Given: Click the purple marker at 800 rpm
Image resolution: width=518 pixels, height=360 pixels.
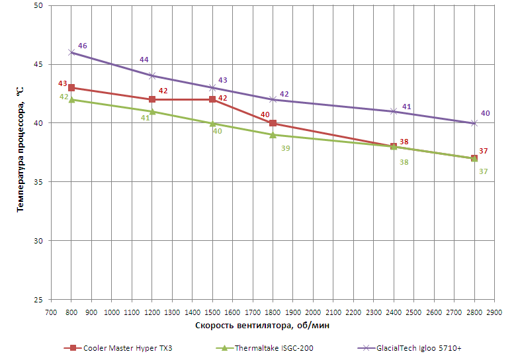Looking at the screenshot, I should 71,52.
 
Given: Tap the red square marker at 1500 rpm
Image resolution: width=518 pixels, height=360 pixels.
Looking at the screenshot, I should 212,99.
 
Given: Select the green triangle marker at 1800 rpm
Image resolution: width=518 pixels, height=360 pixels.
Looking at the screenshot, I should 273,134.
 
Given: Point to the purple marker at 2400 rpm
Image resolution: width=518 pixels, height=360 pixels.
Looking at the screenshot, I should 394,111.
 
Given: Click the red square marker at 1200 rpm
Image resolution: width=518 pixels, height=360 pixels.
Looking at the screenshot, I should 152,99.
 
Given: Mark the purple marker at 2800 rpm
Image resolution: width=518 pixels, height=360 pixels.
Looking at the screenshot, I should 474,123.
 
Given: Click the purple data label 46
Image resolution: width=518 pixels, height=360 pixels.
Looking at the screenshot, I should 83,46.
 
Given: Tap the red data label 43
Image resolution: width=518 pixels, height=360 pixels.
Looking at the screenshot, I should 63,84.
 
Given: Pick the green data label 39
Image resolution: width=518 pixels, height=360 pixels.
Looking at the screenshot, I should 285,148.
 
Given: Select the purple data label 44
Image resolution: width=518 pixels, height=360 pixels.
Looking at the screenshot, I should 144,60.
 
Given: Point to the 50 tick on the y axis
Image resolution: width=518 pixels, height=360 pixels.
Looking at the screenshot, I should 37,5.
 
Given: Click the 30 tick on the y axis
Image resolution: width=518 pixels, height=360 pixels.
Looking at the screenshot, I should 37,241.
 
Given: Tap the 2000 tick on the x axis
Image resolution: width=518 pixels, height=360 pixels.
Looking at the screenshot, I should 313,311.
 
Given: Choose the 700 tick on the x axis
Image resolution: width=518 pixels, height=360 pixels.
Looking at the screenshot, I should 51,311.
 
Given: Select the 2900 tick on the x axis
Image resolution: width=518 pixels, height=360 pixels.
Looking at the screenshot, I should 494,311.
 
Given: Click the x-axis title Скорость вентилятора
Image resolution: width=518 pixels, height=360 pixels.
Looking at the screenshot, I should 263,325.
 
